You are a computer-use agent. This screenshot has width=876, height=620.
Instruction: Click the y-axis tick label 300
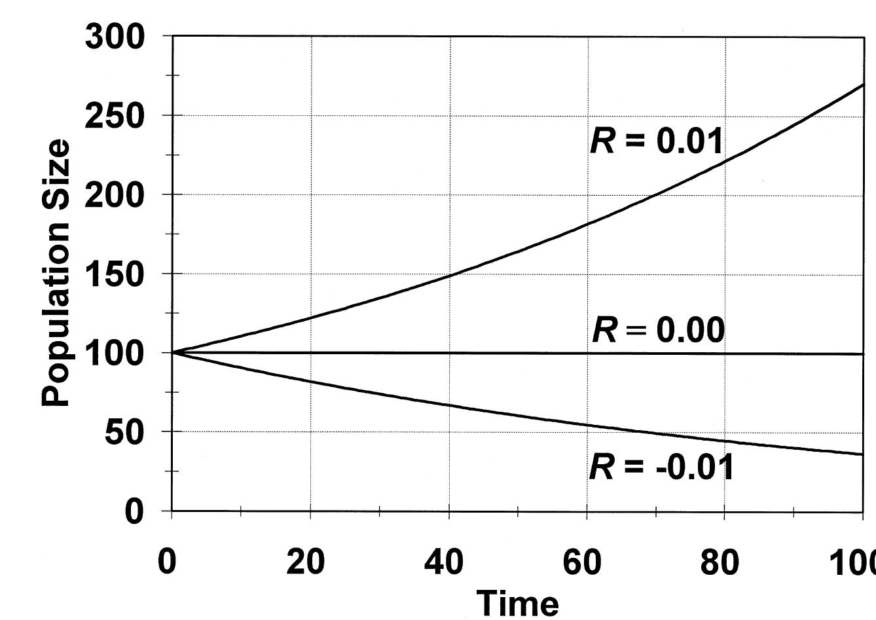[115, 37]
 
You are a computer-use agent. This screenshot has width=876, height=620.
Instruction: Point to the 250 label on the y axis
[115, 117]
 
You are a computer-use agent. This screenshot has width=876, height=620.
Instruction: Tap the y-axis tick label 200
[115, 195]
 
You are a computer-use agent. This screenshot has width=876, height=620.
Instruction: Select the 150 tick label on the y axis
[115, 274]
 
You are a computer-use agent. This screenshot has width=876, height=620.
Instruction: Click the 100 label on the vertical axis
[115, 354]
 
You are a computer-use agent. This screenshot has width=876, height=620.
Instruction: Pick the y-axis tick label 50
[124, 432]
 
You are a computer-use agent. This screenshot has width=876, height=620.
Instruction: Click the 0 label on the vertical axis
[134, 511]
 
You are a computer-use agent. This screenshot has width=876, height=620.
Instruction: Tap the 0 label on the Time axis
[168, 562]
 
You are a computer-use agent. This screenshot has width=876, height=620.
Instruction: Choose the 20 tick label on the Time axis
[306, 562]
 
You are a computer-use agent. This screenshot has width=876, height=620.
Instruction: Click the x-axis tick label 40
[444, 562]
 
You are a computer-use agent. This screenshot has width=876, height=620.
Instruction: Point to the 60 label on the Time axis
[582, 562]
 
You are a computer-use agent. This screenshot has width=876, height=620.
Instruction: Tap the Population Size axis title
[56, 273]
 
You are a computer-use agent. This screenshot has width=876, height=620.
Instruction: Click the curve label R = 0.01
[657, 141]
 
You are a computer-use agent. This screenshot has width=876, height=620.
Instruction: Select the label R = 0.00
[658, 330]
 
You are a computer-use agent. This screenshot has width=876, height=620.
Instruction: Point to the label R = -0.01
[661, 467]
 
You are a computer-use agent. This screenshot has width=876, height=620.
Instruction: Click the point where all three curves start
[172, 353]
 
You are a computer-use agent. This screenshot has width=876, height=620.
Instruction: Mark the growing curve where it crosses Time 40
[449, 274]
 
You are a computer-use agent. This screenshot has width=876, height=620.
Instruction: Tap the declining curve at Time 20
[310, 381]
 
